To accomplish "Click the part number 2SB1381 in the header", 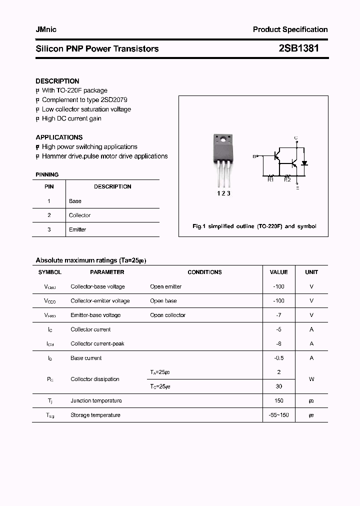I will tap(298, 48).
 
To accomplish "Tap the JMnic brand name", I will tap(46, 29).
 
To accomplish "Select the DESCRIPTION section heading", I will tap(57, 81).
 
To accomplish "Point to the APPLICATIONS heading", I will tap(59, 137).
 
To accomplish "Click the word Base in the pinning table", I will tap(75, 201).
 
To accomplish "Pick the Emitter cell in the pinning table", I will tap(77, 229).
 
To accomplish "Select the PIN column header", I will tap(49, 186).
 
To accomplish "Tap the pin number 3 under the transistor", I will tap(228, 193).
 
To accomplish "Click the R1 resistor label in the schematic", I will tap(270, 180).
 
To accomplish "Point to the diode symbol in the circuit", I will tap(304, 163).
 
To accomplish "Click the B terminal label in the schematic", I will tap(254, 156).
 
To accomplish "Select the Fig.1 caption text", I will tap(254, 226).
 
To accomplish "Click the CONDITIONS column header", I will tap(204, 272).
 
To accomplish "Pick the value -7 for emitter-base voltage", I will tap(278, 315).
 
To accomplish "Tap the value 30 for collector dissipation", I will tap(278, 386).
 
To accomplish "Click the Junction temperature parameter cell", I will tap(96, 400).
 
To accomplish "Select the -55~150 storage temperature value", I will tap(278, 415).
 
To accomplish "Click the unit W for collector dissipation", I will tap(311, 379).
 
